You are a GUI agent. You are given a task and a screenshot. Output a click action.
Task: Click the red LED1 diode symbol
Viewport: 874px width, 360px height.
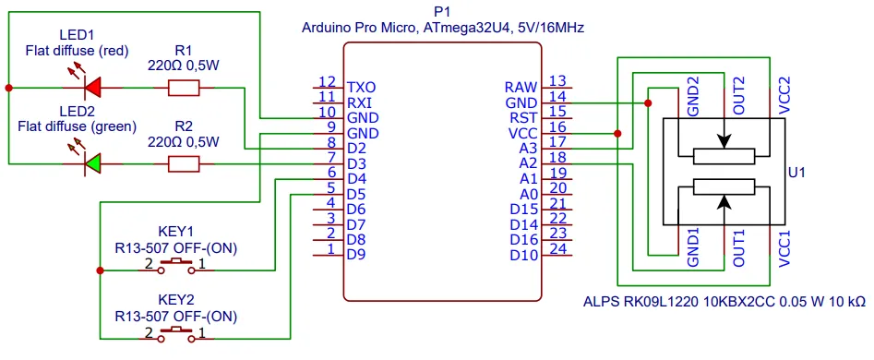91,88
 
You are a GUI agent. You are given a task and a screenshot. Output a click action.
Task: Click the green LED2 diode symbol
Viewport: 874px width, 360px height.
91,163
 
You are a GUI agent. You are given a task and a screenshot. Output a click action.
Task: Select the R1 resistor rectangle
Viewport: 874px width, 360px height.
184,88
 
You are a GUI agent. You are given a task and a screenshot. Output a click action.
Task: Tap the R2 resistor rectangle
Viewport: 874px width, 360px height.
184,163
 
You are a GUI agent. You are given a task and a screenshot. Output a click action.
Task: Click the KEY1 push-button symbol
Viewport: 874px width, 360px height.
176,267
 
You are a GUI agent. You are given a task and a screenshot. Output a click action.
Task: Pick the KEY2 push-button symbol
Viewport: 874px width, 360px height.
176,334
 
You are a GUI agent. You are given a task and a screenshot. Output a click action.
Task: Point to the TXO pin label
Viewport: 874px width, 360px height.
361,88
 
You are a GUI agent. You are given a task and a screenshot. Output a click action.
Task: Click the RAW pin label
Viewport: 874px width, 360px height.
521,88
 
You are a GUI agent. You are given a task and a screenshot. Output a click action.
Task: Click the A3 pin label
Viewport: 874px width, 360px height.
528,149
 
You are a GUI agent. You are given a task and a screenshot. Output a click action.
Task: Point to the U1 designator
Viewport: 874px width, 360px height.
797,173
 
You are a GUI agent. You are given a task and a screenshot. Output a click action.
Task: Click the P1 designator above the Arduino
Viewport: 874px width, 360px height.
441,11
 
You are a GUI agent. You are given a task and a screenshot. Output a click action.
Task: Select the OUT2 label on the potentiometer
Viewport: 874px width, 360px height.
739,96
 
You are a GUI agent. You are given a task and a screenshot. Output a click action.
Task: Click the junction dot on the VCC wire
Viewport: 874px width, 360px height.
617,134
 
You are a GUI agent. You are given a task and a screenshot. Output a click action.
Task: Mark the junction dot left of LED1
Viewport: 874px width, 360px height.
8,88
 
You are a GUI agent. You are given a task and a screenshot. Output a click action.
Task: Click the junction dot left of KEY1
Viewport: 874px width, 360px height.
100,270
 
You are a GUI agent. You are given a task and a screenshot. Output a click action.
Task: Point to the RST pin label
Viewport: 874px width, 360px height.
524,118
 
